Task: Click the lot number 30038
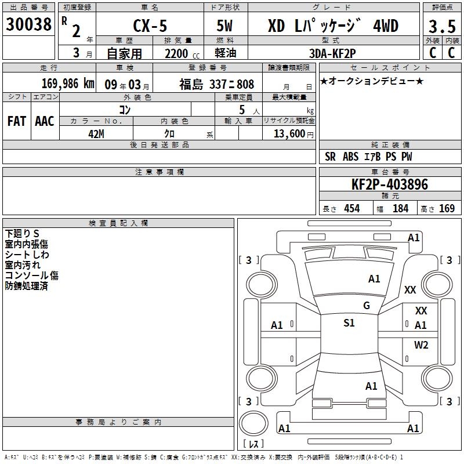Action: click(x=28, y=24)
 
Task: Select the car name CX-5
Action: click(x=150, y=26)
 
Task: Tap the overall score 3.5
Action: click(x=442, y=26)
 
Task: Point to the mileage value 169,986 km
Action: click(x=68, y=84)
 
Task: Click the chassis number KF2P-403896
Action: click(x=389, y=184)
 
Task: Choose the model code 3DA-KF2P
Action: click(x=332, y=53)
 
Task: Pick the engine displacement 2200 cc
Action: click(x=182, y=53)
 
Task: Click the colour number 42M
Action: click(x=96, y=134)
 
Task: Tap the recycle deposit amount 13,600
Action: click(x=289, y=134)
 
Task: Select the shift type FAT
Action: click(x=17, y=121)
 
